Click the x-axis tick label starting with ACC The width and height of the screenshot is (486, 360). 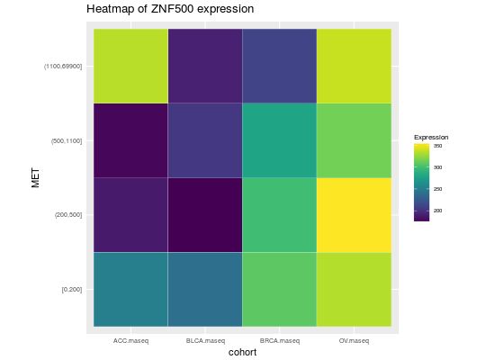point(130,341)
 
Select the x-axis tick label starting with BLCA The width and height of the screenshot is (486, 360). point(205,341)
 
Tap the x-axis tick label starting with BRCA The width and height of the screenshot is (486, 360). point(280,341)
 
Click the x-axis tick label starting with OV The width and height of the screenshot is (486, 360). point(355,341)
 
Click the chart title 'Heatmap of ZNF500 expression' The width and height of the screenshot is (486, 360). point(170,9)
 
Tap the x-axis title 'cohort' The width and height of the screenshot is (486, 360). point(242,353)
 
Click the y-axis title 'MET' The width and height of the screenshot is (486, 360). point(36,177)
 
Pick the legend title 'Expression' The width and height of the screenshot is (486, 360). point(431,137)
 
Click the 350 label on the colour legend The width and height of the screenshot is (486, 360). point(437,146)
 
